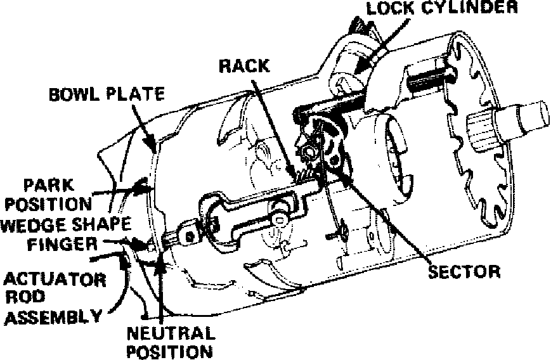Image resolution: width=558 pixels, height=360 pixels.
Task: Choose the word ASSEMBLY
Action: coord(51,315)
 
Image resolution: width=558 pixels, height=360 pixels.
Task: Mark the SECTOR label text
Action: coord(465,273)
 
